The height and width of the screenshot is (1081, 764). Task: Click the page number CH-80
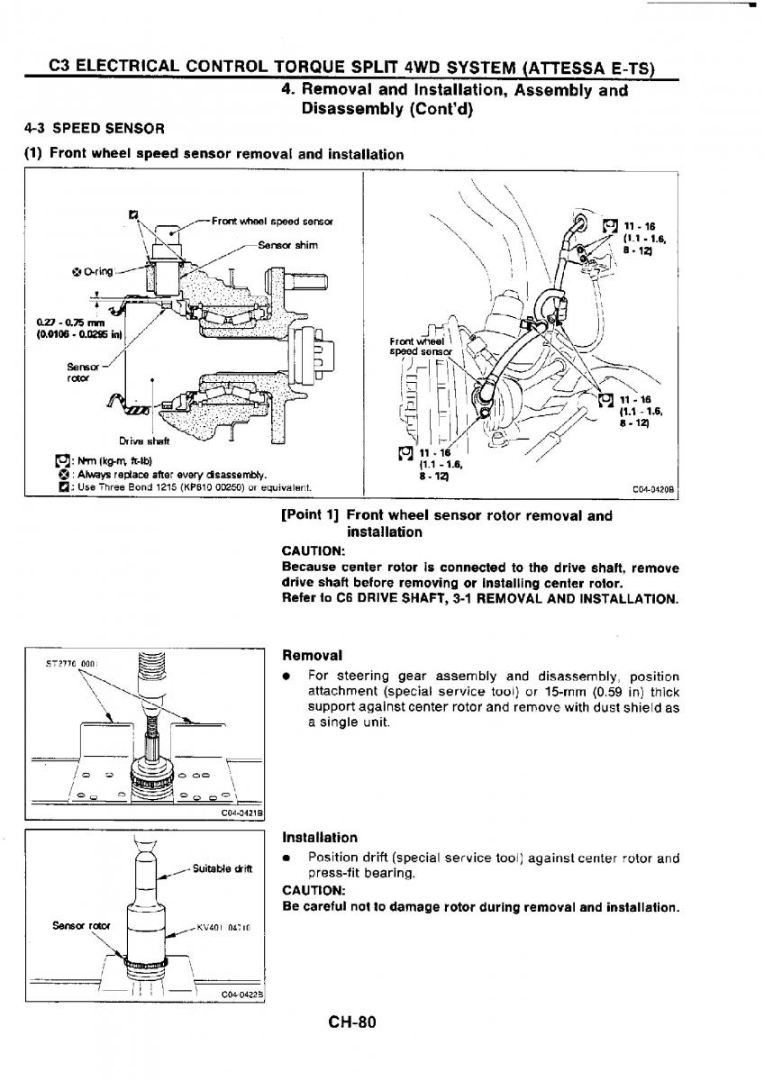click(x=350, y=1022)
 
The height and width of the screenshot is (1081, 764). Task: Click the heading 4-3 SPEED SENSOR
click(x=95, y=128)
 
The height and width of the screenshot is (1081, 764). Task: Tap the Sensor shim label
click(x=287, y=244)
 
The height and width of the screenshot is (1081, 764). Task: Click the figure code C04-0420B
click(x=655, y=491)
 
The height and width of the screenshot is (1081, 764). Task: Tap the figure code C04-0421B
click(x=241, y=813)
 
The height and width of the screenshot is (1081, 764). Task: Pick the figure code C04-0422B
click(x=241, y=995)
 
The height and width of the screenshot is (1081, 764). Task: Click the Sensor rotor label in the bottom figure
click(x=75, y=925)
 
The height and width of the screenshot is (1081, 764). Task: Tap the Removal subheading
click(x=312, y=655)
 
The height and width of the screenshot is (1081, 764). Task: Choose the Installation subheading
click(x=320, y=837)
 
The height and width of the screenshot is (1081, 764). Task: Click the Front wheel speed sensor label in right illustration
click(x=418, y=346)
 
